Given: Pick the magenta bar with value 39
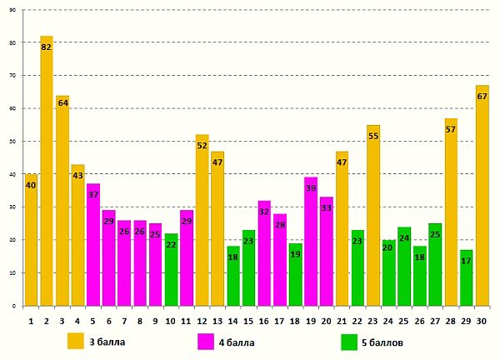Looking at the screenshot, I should click(x=311, y=242).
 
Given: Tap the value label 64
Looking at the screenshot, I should click(x=62, y=102).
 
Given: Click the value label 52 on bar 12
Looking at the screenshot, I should click(x=202, y=145).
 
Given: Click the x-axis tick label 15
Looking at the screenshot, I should click(x=248, y=322).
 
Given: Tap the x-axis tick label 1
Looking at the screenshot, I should click(x=31, y=322).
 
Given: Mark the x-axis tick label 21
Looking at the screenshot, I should click(x=342, y=322).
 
